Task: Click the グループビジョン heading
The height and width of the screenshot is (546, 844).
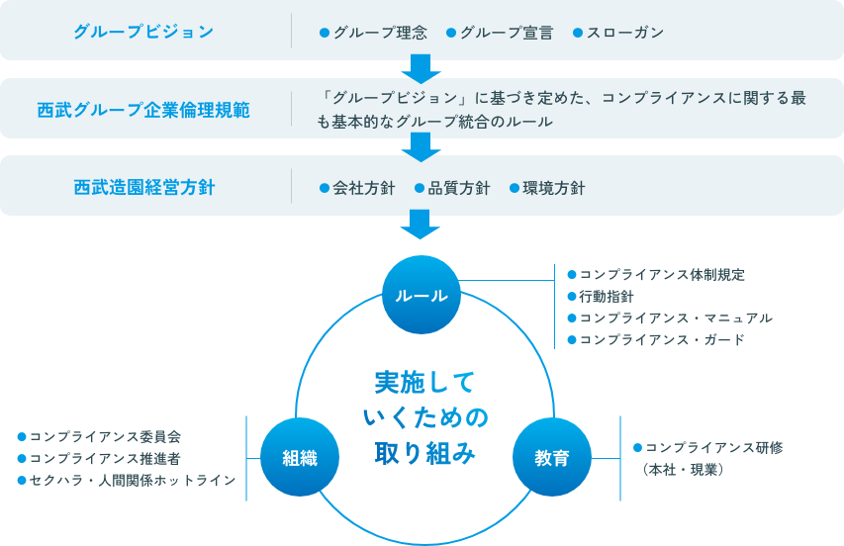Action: (x=143, y=32)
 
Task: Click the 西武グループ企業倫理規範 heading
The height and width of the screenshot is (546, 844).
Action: (x=143, y=109)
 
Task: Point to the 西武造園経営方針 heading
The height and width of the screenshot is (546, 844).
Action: (x=143, y=187)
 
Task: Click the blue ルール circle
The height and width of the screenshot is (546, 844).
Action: (x=422, y=296)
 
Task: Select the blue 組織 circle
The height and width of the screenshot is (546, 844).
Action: (x=298, y=457)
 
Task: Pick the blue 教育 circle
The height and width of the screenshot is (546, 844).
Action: (x=551, y=457)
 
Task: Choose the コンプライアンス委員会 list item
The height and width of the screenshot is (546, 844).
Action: (x=105, y=436)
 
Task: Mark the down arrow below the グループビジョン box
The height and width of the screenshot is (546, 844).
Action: (x=422, y=67)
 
